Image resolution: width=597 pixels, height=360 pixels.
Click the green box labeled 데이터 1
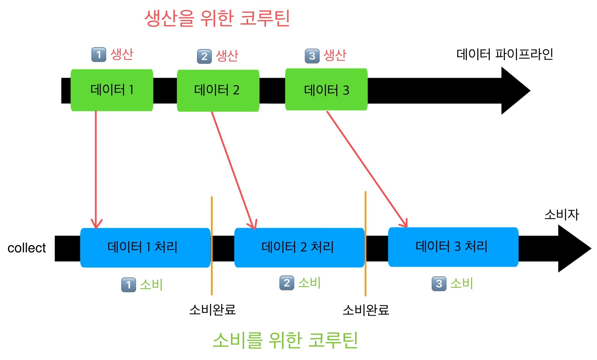coord(112,90)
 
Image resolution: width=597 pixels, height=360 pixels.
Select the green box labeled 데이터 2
coord(218,91)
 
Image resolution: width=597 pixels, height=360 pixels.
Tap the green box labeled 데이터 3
coord(326,89)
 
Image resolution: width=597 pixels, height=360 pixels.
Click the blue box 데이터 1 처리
coord(145,247)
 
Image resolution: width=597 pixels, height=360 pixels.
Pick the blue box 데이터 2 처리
coord(299,247)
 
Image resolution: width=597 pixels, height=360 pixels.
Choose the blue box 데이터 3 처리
coord(453,247)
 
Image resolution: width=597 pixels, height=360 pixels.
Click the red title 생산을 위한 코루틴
coord(217,18)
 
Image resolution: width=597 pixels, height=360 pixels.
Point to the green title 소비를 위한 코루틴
coord(285,340)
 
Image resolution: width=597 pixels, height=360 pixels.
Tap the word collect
coord(26,248)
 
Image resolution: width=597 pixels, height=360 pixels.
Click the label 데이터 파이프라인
coord(504,54)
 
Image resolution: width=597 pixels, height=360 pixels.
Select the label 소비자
coord(561,215)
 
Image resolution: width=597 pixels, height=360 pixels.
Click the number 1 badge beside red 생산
coord(98,55)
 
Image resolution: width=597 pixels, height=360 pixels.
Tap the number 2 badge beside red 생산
coord(204,56)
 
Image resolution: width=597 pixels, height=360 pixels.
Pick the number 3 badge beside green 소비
coord(439,284)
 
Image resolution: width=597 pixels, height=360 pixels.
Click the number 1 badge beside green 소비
coord(128,285)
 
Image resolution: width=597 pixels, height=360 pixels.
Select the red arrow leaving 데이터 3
coord(366,169)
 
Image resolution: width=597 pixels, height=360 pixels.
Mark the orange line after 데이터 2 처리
coord(365,244)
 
